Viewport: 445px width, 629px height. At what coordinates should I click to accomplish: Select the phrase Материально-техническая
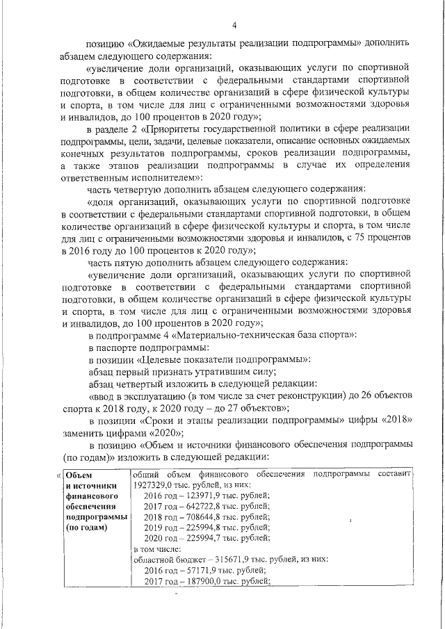coord(232,334)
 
